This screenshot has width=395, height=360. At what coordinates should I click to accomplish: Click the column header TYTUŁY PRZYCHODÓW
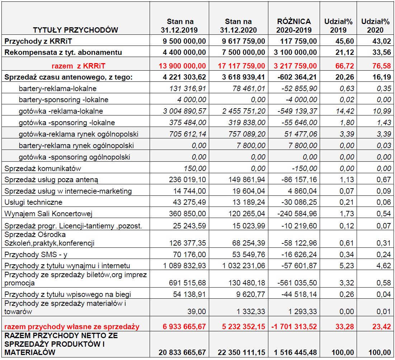(x=75, y=30)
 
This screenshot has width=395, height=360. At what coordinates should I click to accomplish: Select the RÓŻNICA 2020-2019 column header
(x=294, y=26)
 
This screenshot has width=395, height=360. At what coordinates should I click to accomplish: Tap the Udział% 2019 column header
(x=338, y=26)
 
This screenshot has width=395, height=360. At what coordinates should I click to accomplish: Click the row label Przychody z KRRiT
(x=36, y=41)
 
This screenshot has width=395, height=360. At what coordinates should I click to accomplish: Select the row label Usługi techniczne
(x=33, y=203)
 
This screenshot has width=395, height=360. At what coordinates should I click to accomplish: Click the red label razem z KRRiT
(x=75, y=66)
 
